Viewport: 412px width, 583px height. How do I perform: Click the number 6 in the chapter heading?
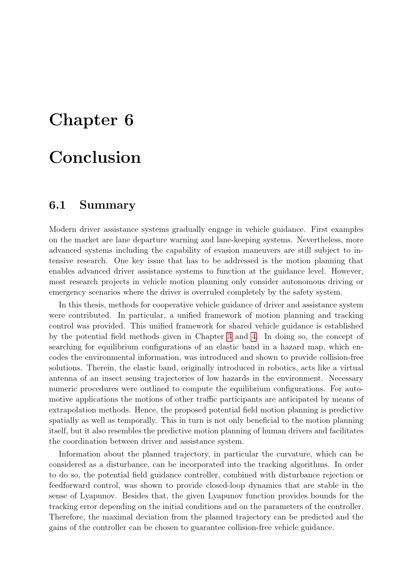click(129, 120)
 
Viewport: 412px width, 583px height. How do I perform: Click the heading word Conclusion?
click(95, 157)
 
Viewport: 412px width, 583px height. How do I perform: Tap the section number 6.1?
click(57, 205)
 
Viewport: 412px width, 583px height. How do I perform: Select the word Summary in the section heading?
click(107, 205)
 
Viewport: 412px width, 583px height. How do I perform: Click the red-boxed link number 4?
click(253, 337)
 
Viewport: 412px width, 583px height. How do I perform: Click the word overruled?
click(208, 292)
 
